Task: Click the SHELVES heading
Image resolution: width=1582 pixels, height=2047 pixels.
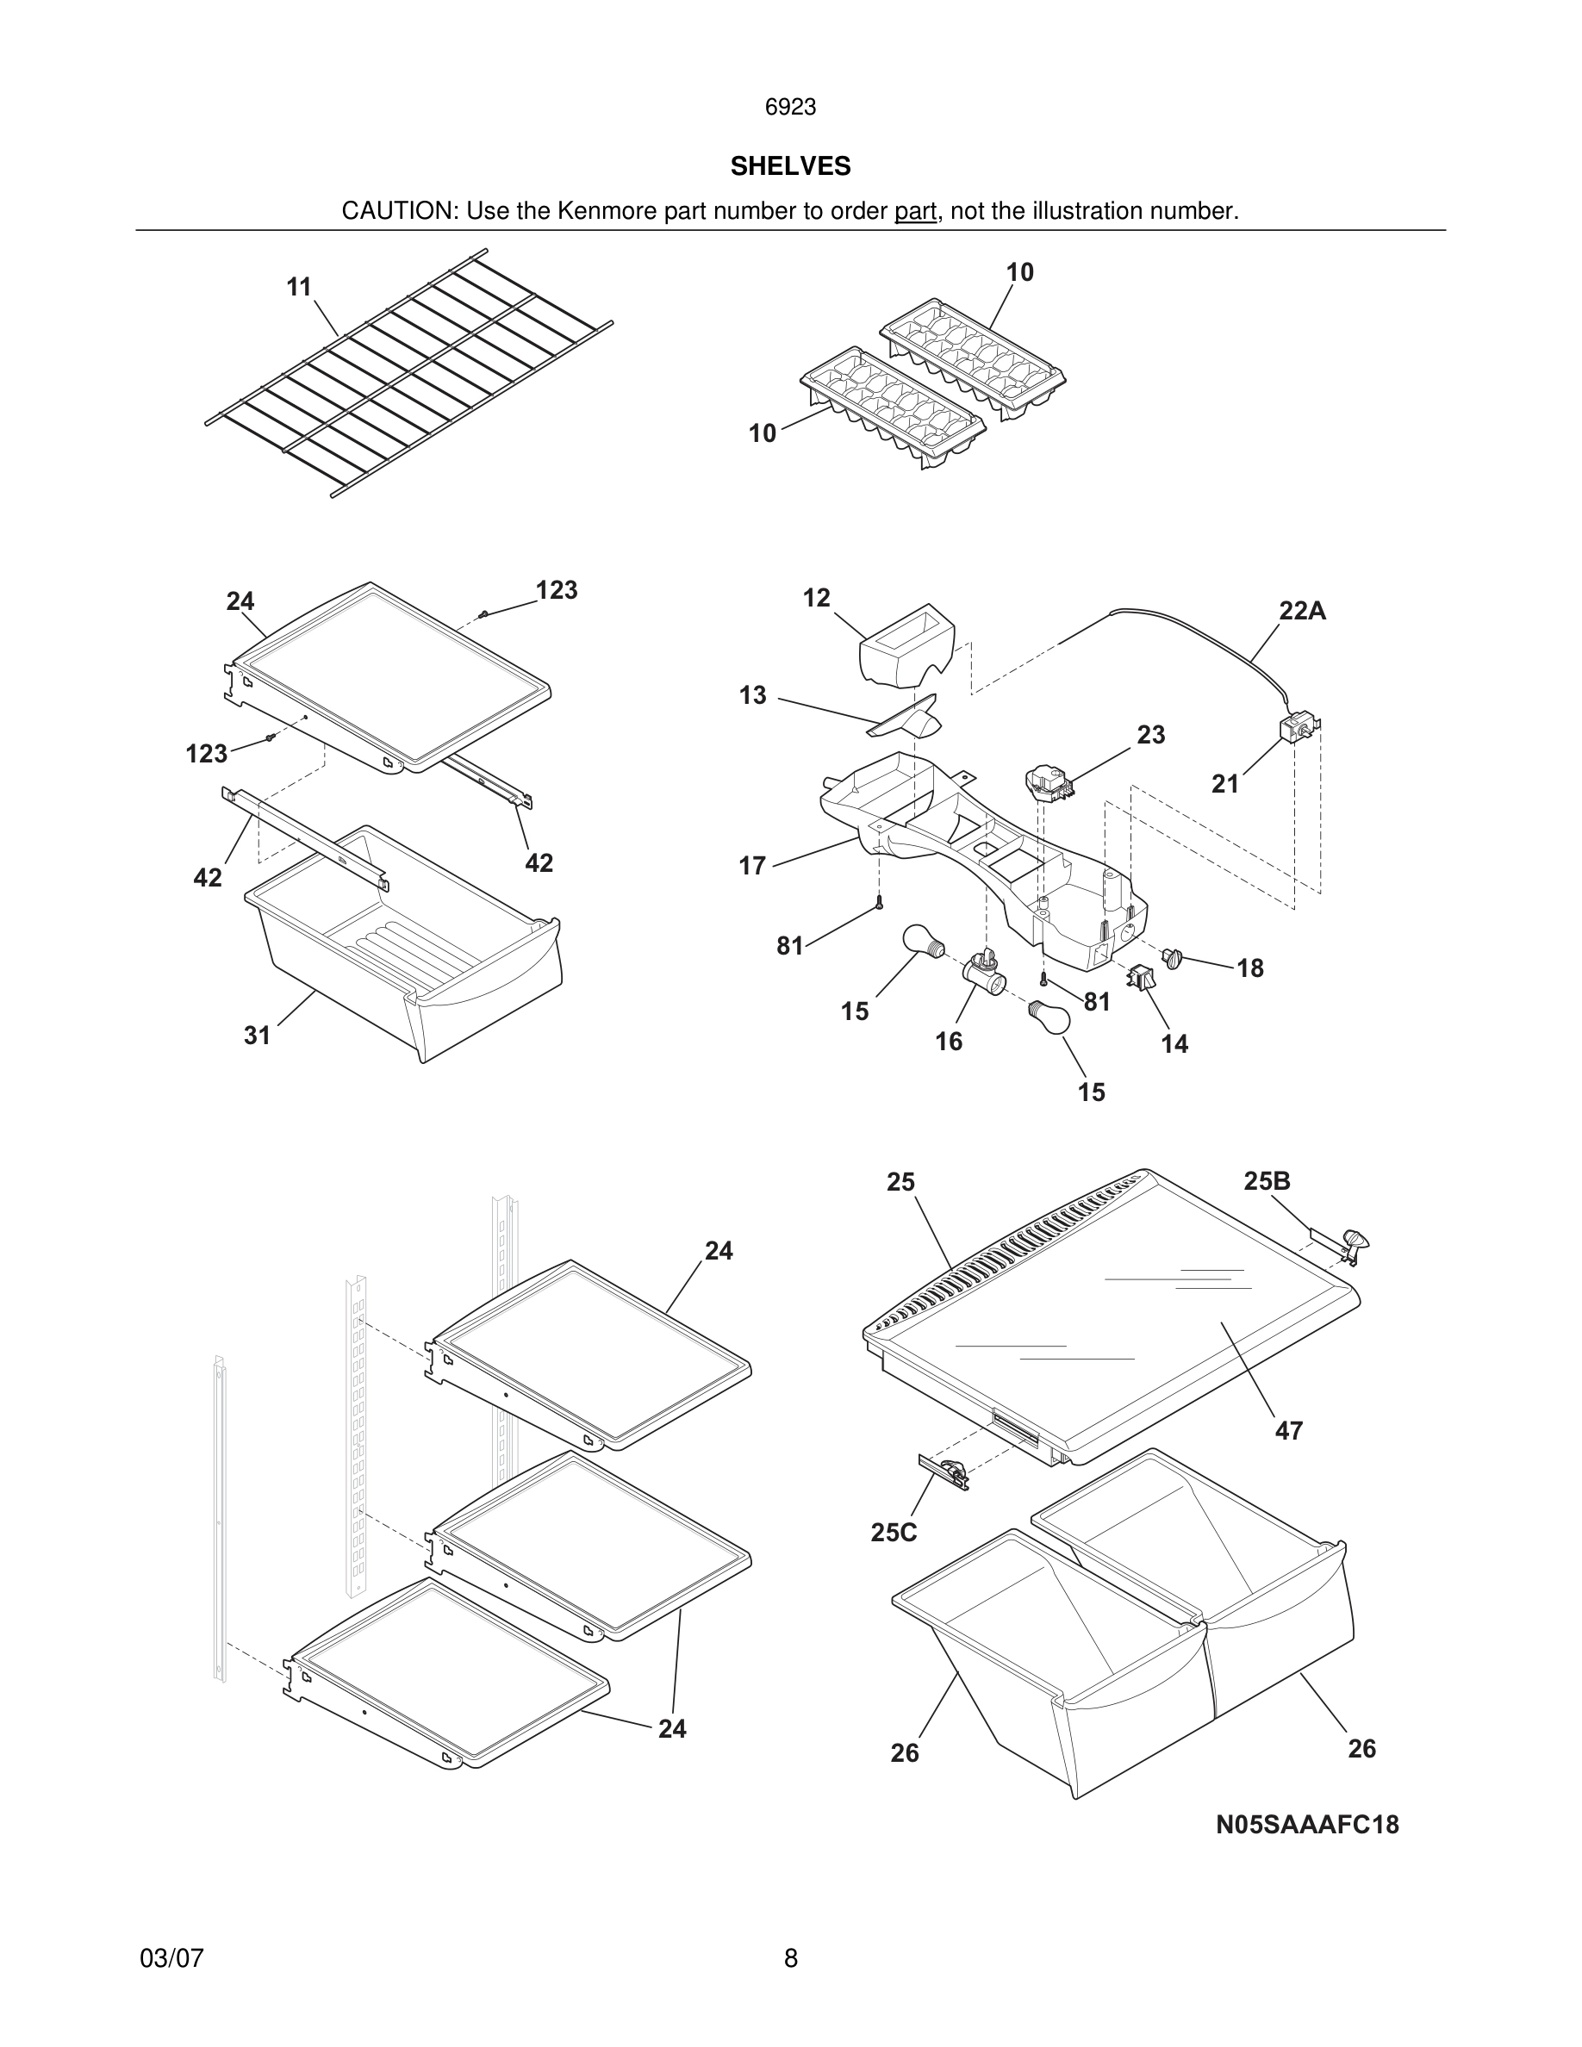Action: (x=790, y=166)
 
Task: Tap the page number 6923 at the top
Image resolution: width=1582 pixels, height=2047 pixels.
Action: (x=790, y=108)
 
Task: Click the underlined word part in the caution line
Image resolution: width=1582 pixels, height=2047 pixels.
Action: (x=915, y=212)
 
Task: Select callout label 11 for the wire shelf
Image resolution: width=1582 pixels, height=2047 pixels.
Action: (x=299, y=287)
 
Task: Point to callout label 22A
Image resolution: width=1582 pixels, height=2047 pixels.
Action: (x=1303, y=611)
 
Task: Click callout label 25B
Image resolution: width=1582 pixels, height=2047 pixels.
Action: (x=1267, y=1182)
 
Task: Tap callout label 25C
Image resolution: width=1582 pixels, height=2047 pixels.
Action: (x=894, y=1533)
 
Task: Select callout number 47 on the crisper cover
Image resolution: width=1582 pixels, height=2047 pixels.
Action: (x=1289, y=1431)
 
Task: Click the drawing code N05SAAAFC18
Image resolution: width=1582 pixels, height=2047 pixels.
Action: (x=1307, y=1825)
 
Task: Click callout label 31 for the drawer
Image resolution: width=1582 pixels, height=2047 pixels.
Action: (x=257, y=1036)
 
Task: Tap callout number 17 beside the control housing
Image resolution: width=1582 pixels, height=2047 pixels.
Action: (x=752, y=866)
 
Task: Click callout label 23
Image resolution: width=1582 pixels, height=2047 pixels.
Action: (x=1151, y=735)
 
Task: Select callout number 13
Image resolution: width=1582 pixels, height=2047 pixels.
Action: (x=752, y=695)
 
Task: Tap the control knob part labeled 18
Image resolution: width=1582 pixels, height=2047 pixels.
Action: (x=1173, y=957)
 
